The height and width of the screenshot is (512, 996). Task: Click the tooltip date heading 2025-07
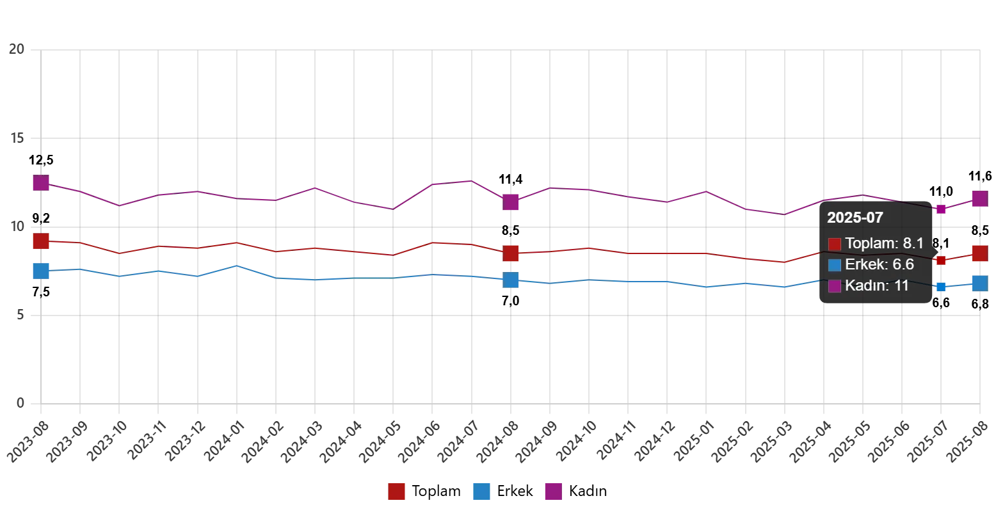(855, 218)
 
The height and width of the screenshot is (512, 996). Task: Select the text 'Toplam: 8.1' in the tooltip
(884, 243)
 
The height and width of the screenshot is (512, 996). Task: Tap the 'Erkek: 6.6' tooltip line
(879, 264)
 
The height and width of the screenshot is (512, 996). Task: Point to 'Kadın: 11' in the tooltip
(876, 285)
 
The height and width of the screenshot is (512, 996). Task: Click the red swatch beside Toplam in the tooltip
(835, 244)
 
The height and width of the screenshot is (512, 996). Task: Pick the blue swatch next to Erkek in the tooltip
(835, 265)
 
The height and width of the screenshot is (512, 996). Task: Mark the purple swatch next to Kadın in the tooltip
(835, 286)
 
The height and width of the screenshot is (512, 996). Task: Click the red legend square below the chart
(396, 492)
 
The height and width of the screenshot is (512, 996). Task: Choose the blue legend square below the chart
(481, 492)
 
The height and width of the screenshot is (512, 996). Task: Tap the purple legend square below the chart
(553, 492)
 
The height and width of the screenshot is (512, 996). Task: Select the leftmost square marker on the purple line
(41, 183)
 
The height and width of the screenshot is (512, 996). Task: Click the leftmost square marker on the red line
(41, 241)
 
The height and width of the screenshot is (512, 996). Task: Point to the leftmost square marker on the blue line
(41, 271)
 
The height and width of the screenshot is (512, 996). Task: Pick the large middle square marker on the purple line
(511, 203)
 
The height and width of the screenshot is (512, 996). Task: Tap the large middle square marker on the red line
(511, 253)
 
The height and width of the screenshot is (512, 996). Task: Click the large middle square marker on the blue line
(511, 280)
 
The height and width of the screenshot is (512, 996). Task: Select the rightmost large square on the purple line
(979, 200)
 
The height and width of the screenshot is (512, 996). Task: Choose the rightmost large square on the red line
(979, 253)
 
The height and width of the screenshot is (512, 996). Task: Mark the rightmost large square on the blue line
(979, 283)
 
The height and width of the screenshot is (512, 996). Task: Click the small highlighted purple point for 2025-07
(941, 209)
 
